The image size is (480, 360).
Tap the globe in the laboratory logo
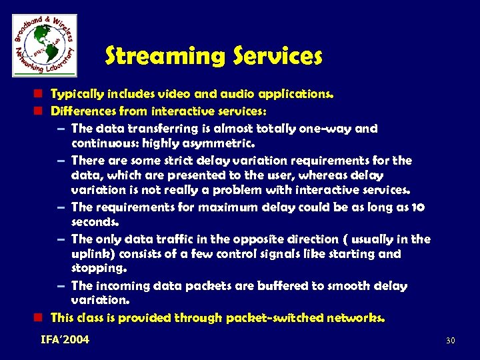[x=44, y=45]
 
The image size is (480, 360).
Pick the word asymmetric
[x=221, y=143]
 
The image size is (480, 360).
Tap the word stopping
[x=97, y=269]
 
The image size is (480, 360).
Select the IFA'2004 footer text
[x=65, y=340]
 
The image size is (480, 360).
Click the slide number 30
[x=450, y=341]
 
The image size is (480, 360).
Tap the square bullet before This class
[x=42, y=318]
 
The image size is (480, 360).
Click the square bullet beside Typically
[x=42, y=95]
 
